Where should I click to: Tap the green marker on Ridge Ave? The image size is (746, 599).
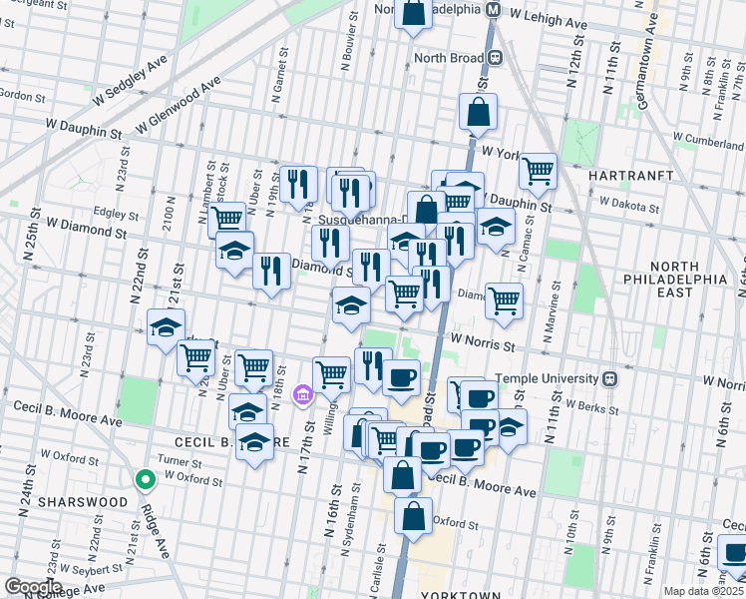point(146,481)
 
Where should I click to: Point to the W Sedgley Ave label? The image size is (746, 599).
point(129,83)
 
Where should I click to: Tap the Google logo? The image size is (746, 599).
point(32,587)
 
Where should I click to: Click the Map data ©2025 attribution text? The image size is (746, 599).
point(704,591)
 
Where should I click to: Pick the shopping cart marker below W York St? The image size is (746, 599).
point(538,172)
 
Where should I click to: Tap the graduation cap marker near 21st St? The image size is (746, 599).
point(166,327)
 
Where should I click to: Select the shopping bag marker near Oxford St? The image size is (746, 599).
point(413,516)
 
